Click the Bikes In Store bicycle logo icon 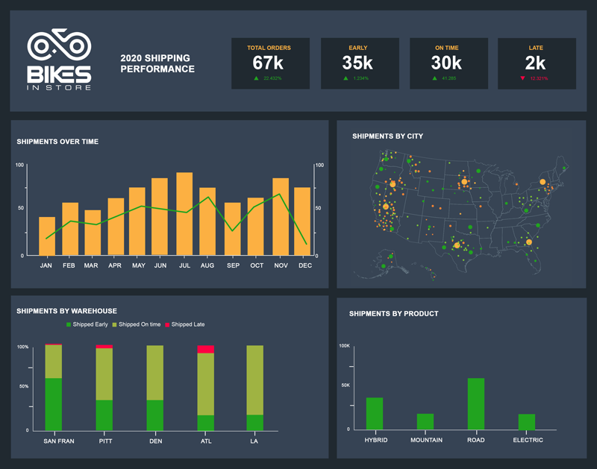59,46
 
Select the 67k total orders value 269,63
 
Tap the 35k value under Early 357,63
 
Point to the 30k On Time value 447,63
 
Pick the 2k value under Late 536,63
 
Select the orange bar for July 184,214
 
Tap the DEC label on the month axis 304,265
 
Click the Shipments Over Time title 57,142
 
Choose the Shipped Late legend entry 184,324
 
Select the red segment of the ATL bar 205,349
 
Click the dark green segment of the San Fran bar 53,403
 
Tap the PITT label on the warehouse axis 104,441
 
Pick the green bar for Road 476,403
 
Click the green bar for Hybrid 375,413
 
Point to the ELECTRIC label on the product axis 527,440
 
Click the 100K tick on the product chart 345,346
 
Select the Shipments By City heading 387,136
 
